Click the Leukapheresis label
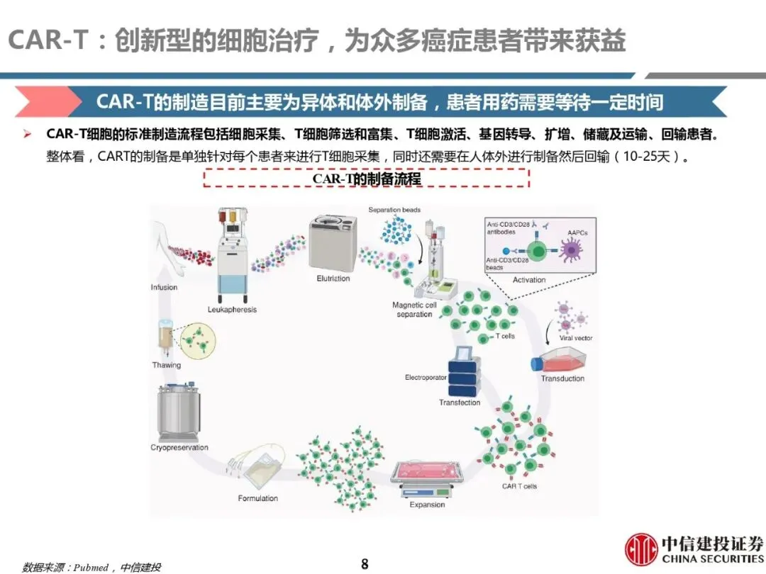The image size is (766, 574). tap(232, 310)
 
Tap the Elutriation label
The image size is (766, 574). tap(333, 278)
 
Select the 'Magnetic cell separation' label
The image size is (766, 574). tap(415, 310)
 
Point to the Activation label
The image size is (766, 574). tap(529, 280)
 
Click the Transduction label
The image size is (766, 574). tap(562, 378)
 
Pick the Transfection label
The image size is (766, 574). tap(460, 403)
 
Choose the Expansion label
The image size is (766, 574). tap(428, 505)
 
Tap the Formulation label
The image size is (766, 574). tap(258, 498)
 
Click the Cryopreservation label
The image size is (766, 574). tap(179, 448)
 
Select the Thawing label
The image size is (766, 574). tap(167, 366)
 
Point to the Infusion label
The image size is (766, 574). tap(164, 288)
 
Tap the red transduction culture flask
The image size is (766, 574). tap(553, 361)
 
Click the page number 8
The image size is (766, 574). tap(365, 564)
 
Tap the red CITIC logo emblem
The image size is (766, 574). tap(640, 549)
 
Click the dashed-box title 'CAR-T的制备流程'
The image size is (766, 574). tap(367, 179)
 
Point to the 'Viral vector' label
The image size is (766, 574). tap(576, 338)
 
